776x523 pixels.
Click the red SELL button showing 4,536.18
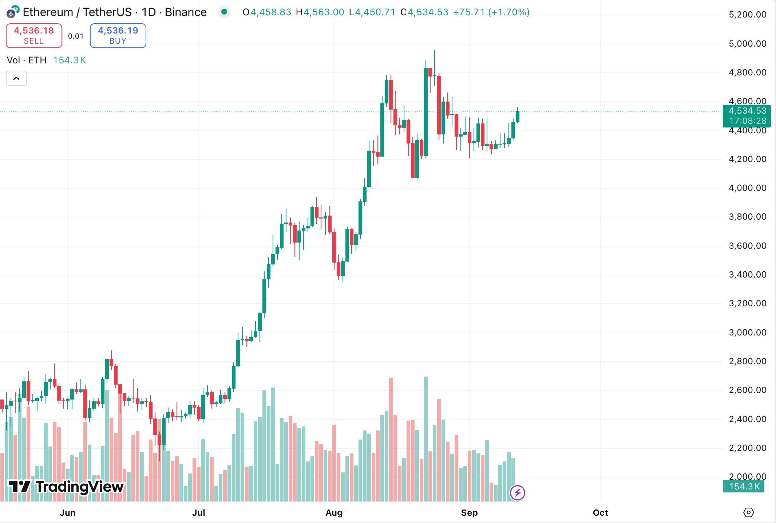[34, 35]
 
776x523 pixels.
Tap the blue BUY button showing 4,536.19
[118, 35]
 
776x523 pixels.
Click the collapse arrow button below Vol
[16, 78]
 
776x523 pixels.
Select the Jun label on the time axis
[68, 512]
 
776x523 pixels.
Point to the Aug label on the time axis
[334, 512]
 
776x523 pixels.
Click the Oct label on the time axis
[600, 512]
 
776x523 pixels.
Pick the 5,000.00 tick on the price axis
[747, 44]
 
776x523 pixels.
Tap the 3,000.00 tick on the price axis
[747, 332]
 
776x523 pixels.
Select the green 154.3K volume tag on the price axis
[744, 486]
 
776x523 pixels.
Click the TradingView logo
[66, 486]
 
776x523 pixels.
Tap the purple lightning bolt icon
[517, 493]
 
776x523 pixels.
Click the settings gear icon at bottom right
[748, 512]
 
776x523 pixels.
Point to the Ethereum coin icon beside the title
[12, 12]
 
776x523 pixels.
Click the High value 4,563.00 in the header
[324, 12]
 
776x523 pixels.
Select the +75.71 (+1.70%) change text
[491, 12]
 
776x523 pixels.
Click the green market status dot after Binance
[224, 12]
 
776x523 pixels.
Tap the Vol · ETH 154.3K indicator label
[46, 60]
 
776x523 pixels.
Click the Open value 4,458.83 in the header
[271, 12]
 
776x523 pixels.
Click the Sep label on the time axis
[469, 512]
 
